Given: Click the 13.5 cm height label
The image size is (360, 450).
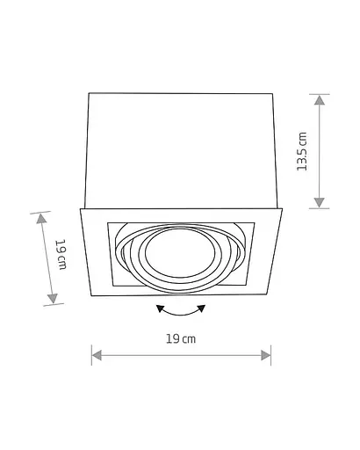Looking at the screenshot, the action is pyautogui.click(x=302, y=151).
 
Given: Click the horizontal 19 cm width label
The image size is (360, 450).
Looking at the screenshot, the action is pyautogui.click(x=181, y=339).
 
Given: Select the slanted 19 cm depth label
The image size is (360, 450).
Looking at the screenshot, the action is pyautogui.click(x=61, y=254).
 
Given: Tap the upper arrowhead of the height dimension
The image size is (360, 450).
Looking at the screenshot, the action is pyautogui.click(x=320, y=100).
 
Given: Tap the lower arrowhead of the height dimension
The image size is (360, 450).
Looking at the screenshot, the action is pyautogui.click(x=319, y=203).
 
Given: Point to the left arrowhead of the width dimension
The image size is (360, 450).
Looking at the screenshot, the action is pyautogui.click(x=97, y=355).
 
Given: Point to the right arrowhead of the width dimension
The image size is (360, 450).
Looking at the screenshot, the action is pyautogui.click(x=266, y=355).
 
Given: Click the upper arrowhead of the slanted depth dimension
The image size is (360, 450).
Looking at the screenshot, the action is pyautogui.click(x=41, y=219).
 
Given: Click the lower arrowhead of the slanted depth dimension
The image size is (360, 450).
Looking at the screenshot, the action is pyautogui.click(x=53, y=299).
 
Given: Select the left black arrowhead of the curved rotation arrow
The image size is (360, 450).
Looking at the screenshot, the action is pyautogui.click(x=160, y=308).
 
